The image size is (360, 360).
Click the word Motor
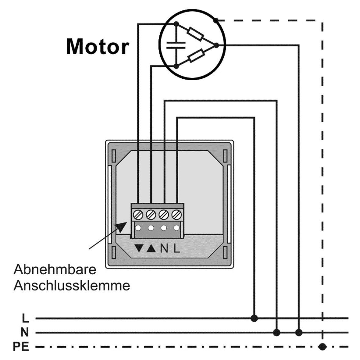point(98,47)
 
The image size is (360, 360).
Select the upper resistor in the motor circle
point(196,34)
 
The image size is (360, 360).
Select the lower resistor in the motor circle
point(196,56)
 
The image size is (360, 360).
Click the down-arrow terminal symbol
point(139,248)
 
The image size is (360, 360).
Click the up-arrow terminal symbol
point(151,248)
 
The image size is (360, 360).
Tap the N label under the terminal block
point(164,248)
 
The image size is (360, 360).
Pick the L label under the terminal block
point(177,248)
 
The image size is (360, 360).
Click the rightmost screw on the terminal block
point(176,215)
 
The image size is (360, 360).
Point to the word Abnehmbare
point(55,269)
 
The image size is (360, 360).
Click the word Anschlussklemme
point(72,286)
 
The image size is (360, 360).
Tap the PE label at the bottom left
point(21,347)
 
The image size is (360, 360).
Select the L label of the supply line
point(25,319)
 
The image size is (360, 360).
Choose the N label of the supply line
point(25,332)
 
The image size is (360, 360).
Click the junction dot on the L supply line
point(254,319)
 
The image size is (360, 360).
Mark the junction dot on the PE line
point(322,347)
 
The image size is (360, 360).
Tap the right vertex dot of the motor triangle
point(216,45)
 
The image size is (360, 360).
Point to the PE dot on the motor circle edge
point(216,21)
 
